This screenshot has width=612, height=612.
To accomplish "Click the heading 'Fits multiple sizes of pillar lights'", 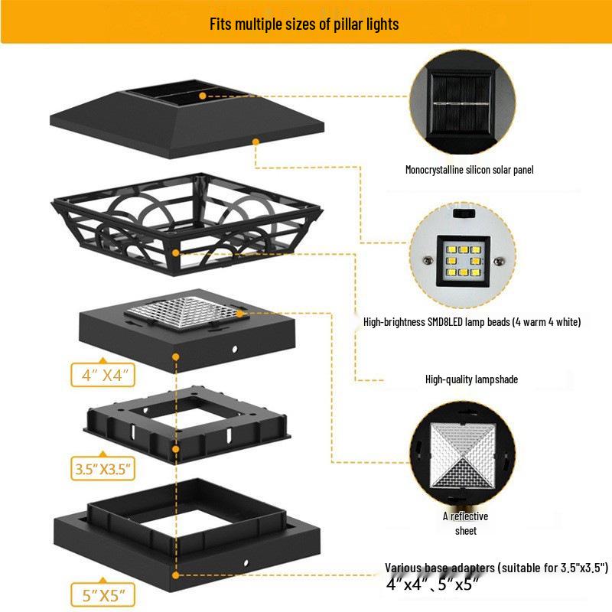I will [304, 24].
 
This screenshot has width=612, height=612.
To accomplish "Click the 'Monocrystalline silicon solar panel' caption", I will [469, 170].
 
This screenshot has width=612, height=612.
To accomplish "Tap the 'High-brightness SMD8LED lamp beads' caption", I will [472, 323].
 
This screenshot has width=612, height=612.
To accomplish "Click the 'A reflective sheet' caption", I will [465, 523].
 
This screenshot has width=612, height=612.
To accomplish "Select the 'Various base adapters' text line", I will [496, 568].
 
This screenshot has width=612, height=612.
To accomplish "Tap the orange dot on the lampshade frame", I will [177, 251].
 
